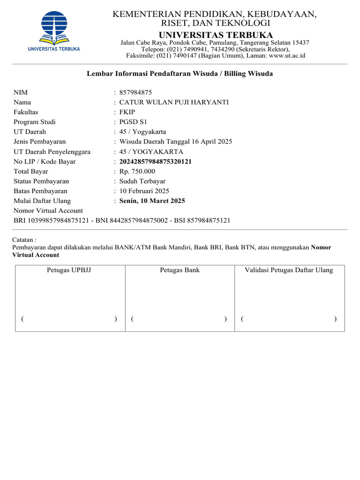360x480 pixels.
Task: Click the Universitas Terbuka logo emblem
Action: (54, 26)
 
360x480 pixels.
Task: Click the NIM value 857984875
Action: (135, 92)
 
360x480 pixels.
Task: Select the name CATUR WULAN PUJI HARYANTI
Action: (174, 102)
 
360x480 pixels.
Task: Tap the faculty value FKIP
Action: (127, 112)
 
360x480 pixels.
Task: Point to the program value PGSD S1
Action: (133, 122)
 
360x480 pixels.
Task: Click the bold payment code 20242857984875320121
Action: (156, 162)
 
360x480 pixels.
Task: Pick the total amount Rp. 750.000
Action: (137, 172)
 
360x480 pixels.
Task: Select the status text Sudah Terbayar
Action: (142, 181)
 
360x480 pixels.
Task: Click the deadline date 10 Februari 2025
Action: (144, 191)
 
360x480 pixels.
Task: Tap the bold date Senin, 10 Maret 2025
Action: (152, 201)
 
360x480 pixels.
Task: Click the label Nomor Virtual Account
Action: (48, 211)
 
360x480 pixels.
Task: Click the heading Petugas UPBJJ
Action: (69, 270)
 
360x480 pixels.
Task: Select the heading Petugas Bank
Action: (180, 270)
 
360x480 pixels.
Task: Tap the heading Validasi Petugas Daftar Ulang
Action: (289, 270)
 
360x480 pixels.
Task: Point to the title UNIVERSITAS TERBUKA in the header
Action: (216, 35)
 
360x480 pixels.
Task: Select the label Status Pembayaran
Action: (41, 181)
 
